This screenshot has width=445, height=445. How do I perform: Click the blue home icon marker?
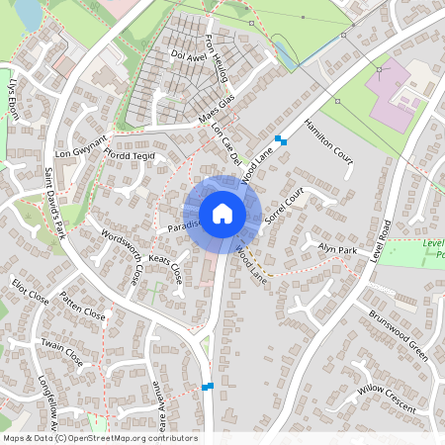click(222, 214)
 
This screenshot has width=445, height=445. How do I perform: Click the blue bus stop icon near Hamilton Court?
click(282, 140)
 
